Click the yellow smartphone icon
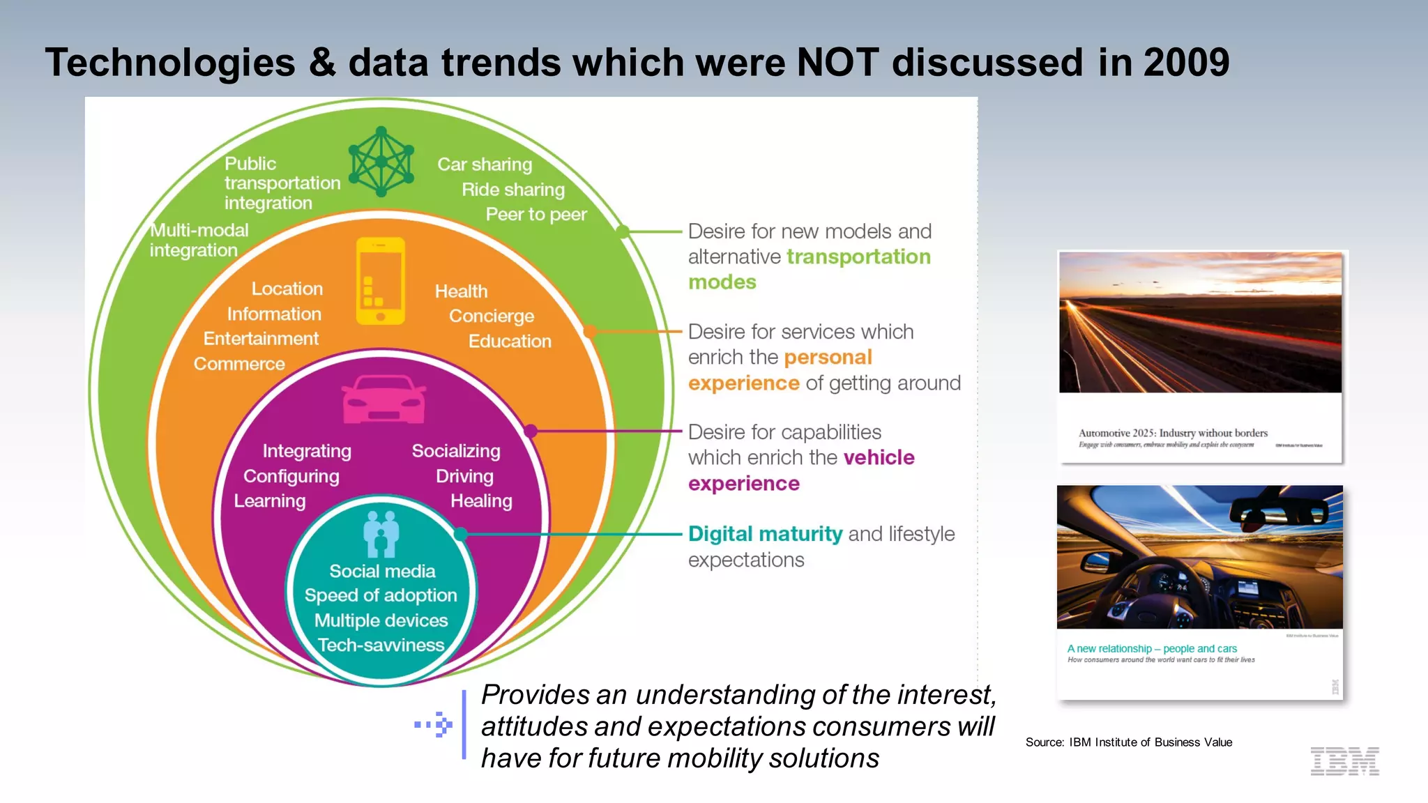[x=381, y=281]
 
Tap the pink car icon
[x=383, y=399]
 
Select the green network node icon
[x=381, y=161]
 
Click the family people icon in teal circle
[x=381, y=534]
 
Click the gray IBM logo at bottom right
[x=1344, y=761]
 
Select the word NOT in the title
[x=837, y=63]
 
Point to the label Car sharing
[x=485, y=165]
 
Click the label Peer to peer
[x=536, y=215]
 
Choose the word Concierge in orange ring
[x=492, y=316]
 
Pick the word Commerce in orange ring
[x=239, y=364]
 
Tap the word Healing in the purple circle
[x=481, y=501]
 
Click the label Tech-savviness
[x=381, y=645]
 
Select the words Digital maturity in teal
[x=765, y=534]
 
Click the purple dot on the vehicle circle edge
[x=531, y=431]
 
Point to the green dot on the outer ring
[x=623, y=231]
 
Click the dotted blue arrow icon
[x=434, y=725]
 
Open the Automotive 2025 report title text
[x=1173, y=433]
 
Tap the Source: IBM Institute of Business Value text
[x=1128, y=742]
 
